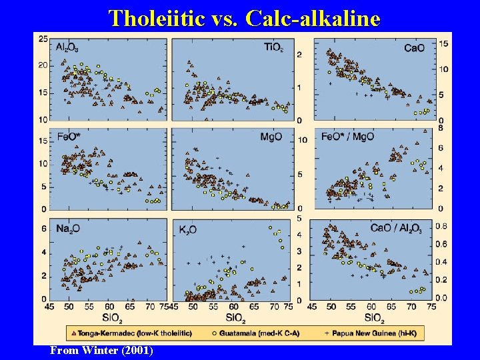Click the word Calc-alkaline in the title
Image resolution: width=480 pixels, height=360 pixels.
(x=313, y=17)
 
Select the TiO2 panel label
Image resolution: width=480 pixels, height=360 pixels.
(x=273, y=47)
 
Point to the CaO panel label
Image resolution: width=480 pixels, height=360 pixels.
(x=415, y=47)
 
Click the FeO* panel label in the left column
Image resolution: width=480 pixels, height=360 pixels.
(x=69, y=137)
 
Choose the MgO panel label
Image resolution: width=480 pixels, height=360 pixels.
(x=271, y=137)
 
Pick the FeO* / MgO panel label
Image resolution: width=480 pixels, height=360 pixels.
(x=347, y=137)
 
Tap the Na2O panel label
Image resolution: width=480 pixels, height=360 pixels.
(x=69, y=228)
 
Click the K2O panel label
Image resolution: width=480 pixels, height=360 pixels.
(x=187, y=229)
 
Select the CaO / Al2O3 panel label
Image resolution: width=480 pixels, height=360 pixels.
(x=396, y=228)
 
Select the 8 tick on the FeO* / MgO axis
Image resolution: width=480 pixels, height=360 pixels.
(x=440, y=127)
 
